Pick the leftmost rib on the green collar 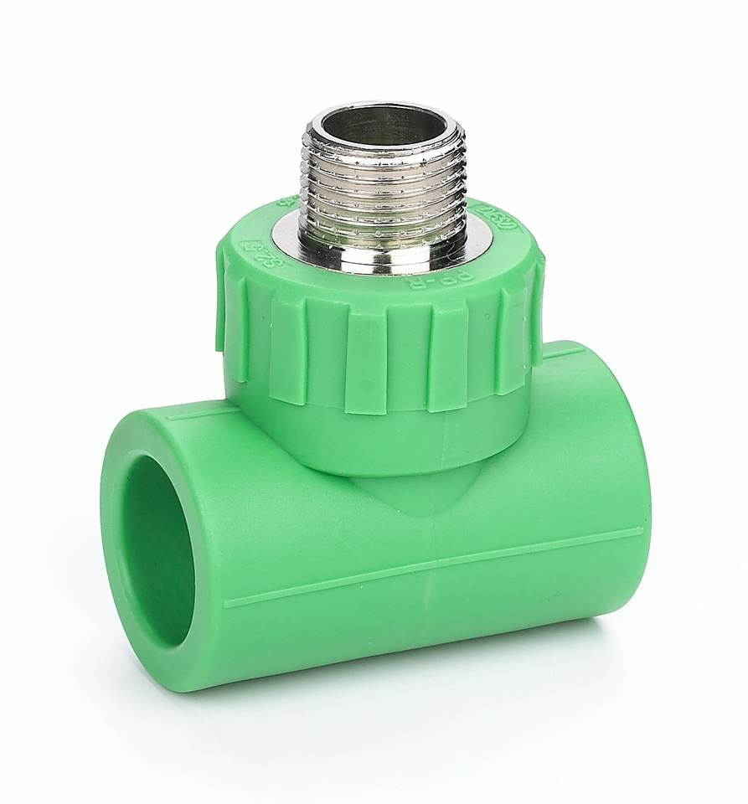click(x=222, y=310)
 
